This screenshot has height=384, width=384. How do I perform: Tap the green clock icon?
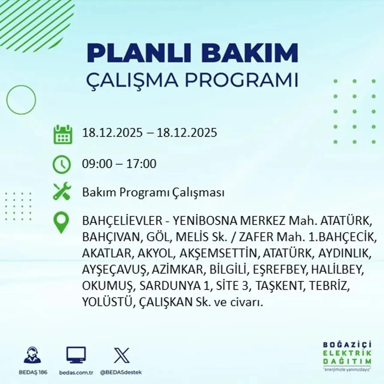coord(62,165)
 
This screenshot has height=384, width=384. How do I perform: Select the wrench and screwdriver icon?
coord(62,192)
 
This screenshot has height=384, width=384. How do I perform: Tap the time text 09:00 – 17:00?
coord(119,164)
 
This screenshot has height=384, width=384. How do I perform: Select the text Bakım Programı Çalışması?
coord(153,193)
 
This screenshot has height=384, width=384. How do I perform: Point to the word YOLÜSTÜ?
coord(107,302)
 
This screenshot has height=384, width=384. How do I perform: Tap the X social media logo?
coord(122,355)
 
